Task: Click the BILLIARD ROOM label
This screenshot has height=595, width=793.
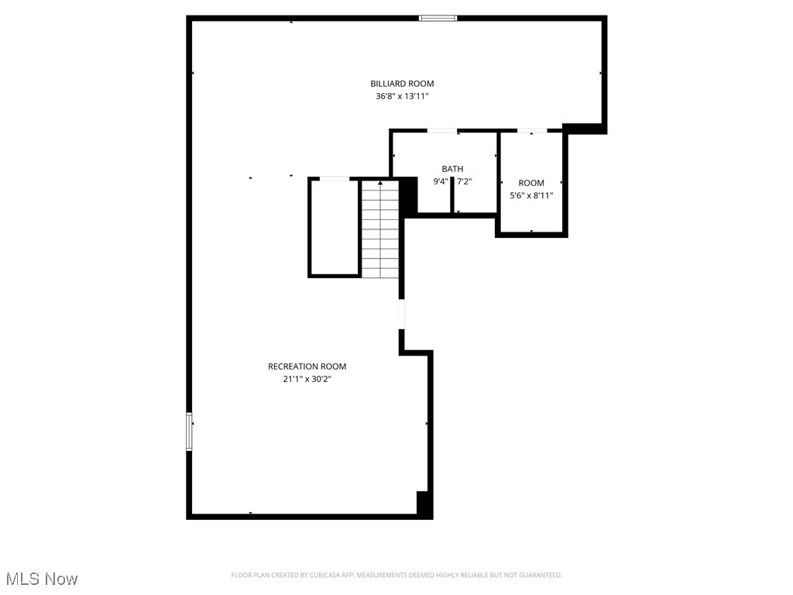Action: coord(401,84)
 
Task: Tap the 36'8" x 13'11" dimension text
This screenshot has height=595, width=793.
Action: coord(401,97)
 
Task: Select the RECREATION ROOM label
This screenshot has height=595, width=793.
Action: coord(307,366)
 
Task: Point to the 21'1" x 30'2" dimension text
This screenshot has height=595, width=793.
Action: coord(307,380)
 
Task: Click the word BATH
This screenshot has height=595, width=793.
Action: coord(452,169)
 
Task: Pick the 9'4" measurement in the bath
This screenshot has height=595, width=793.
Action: coord(440,182)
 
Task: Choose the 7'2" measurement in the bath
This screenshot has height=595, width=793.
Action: coord(464,182)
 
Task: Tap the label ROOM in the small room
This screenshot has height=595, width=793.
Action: coord(531,183)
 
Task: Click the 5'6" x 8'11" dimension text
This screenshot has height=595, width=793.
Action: coord(531,196)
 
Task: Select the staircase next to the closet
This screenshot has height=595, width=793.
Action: coord(379,229)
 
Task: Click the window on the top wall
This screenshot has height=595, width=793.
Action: coord(438,18)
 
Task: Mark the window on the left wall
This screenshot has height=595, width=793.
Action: coord(189,432)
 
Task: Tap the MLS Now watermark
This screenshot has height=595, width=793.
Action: coord(42,579)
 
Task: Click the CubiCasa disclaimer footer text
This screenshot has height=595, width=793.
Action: coord(396,575)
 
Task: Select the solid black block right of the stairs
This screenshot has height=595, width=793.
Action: coord(408,196)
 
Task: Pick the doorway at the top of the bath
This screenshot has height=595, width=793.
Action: coord(441,131)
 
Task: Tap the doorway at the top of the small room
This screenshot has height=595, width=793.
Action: coord(532,131)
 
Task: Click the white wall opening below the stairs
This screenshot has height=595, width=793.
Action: coord(401,314)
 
